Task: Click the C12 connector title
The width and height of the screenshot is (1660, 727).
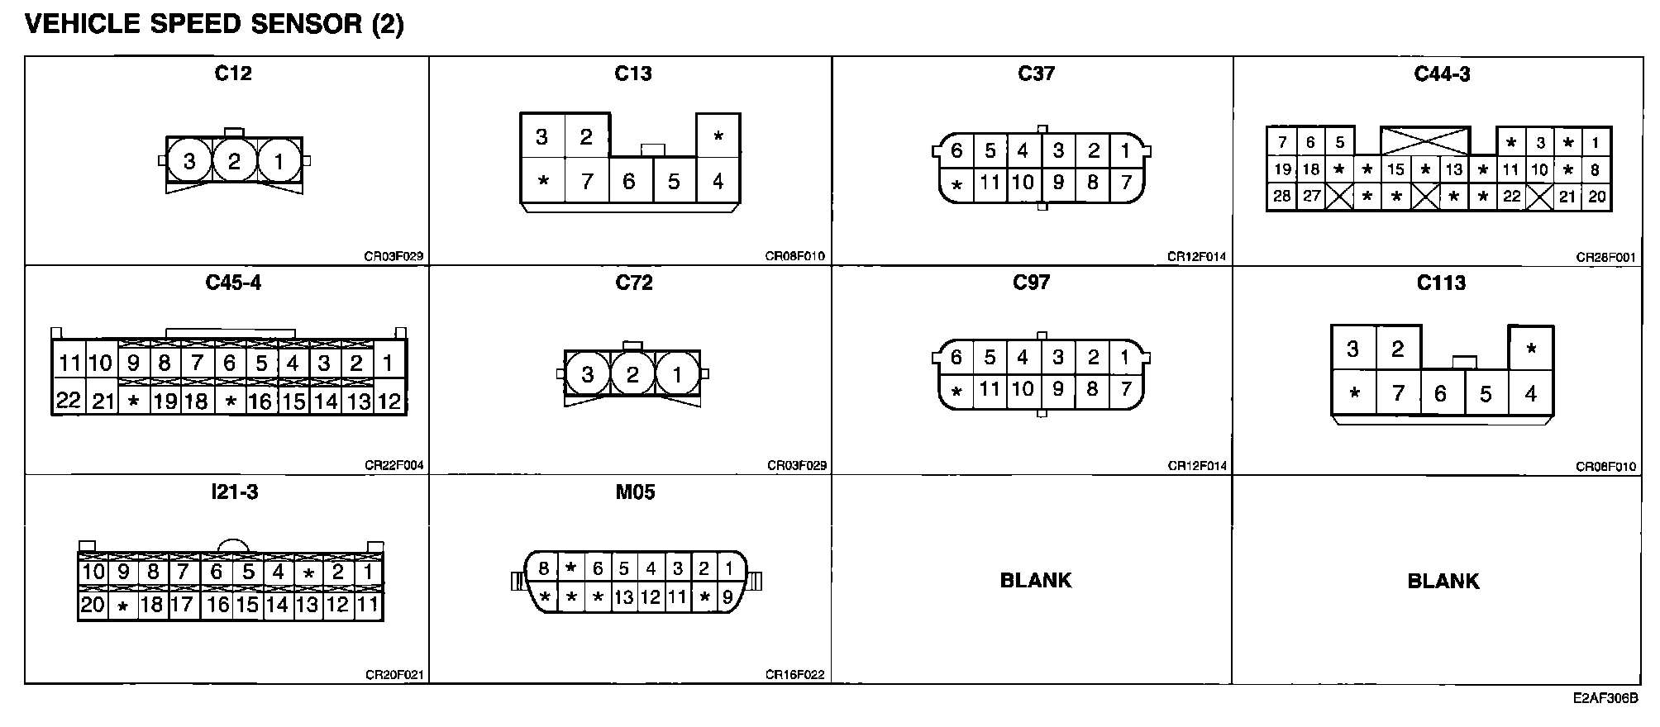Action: pos(232,74)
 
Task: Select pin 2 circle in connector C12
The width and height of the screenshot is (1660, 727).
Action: pos(234,161)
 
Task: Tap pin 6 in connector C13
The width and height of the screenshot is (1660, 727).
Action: pos(629,181)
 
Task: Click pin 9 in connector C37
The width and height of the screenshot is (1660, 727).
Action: pos(1058,183)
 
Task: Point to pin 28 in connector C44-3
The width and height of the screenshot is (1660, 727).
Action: pos(1282,197)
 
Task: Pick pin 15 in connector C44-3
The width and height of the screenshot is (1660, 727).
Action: pos(1395,170)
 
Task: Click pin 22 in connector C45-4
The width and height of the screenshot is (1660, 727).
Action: pos(69,401)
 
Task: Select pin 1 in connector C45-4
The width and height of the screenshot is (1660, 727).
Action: pos(388,363)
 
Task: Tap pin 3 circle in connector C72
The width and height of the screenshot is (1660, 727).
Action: pos(588,375)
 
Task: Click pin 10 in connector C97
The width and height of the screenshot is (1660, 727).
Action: pos(1023,389)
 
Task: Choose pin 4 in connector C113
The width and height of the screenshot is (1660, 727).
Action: pos(1530,393)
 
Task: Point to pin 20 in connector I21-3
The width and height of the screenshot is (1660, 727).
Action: pos(93,605)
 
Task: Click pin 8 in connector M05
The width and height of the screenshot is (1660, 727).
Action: pos(543,568)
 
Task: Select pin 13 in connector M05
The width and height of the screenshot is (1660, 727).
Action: pos(624,596)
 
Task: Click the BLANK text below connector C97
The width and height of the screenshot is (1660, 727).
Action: pos(1035,581)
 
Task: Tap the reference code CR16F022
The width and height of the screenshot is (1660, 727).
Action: pos(794,675)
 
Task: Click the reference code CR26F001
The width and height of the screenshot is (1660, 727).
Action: pos(1605,257)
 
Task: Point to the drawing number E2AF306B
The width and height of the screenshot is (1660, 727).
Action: pos(1605,699)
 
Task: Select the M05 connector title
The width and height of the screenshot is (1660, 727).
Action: pos(635,492)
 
